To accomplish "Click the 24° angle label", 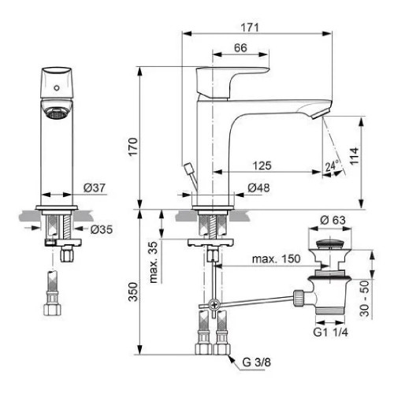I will click(x=331, y=166).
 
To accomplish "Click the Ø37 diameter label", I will click(x=93, y=188).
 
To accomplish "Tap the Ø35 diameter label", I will click(x=99, y=230).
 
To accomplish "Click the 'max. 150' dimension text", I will click(x=275, y=259).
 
